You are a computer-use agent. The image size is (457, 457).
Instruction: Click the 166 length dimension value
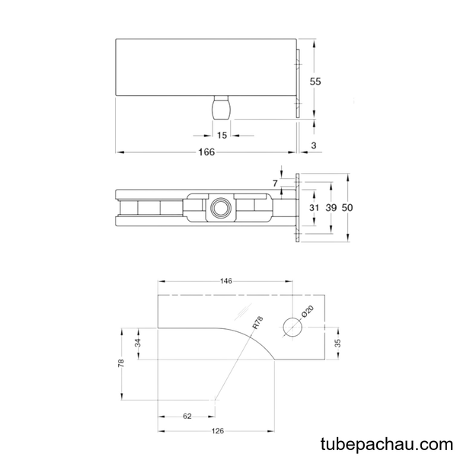coord(206,152)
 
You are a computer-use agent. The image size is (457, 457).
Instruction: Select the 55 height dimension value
coord(315,81)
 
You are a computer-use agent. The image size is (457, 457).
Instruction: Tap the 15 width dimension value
coord(222,136)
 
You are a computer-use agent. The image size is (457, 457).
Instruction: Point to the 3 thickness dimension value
coord(314,145)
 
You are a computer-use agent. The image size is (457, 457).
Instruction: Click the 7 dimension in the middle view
coord(276,184)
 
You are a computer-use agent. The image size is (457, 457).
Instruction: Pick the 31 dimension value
coord(314,208)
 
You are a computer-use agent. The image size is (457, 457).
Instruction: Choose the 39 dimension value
coord(331,208)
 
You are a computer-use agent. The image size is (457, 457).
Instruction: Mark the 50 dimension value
coord(347,207)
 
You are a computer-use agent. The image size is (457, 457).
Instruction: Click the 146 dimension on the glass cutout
coord(226,281)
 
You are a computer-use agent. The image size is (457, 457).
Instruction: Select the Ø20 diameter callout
coord(307,312)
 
